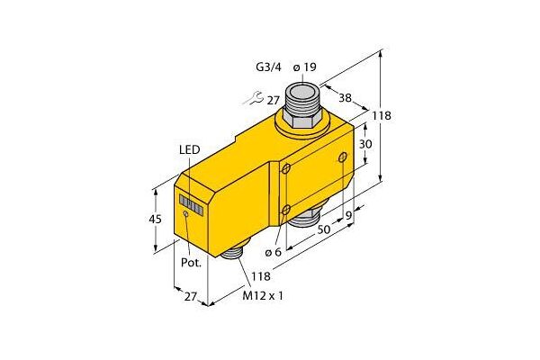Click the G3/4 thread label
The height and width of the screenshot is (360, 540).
268,67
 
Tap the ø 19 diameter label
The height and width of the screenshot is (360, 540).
305,67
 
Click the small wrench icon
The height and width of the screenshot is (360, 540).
253,98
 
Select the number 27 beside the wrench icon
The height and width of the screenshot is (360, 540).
273,100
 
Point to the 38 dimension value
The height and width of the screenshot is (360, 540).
345,98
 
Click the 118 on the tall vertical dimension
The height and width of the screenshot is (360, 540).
382,115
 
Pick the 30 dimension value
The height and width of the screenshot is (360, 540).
365,144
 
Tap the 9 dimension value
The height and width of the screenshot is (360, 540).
349,216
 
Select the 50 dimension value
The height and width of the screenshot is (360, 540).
324,229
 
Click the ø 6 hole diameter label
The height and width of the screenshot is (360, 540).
273,252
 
